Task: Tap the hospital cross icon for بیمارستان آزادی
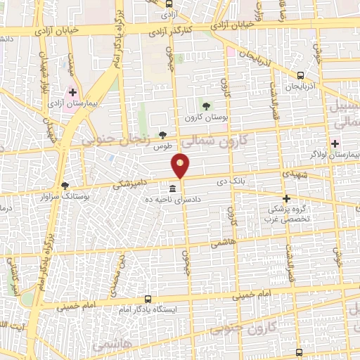point(72,92)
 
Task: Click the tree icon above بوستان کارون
point(205,106)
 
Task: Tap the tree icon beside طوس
point(163,135)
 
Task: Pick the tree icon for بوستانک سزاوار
point(65,186)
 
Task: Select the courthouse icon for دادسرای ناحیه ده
point(173,188)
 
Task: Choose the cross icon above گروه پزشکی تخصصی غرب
point(286,198)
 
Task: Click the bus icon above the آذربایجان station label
point(300,75)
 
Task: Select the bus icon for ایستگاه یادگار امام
point(148,298)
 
